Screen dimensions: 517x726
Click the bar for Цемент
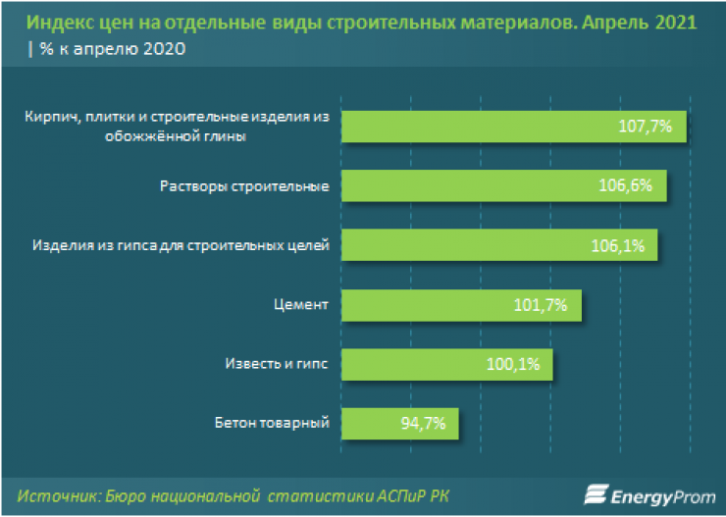461,305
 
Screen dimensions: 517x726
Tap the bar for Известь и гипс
446,365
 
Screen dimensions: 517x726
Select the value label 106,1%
618,245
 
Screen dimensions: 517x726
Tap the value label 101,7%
541,305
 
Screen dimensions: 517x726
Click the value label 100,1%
512,365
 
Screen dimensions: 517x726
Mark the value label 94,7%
423,424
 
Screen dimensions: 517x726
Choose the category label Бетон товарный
271,424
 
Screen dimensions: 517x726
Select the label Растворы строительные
245,185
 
